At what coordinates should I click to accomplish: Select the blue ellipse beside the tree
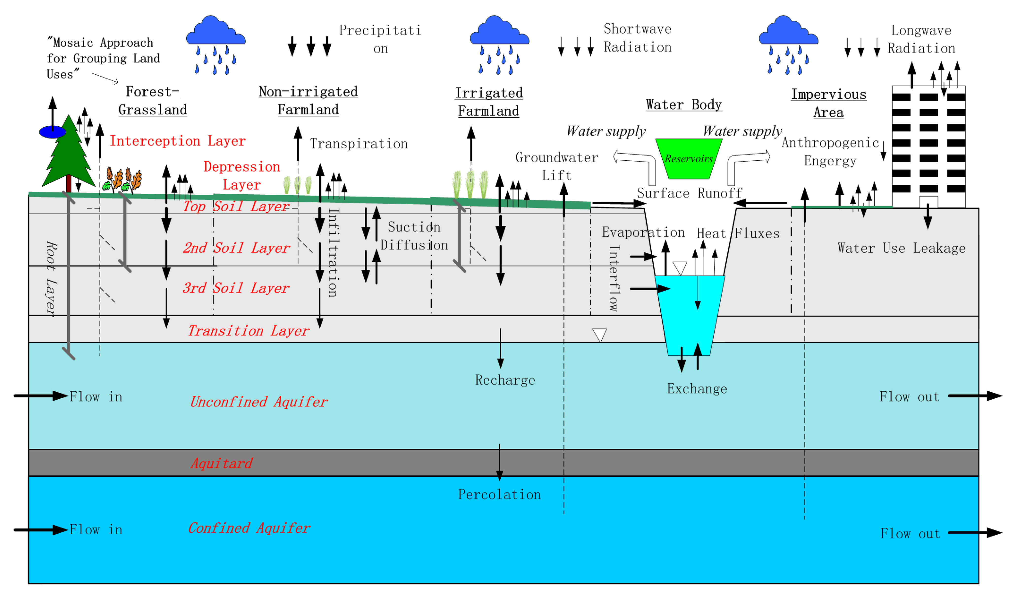(52, 132)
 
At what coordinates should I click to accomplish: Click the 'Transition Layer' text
(248, 331)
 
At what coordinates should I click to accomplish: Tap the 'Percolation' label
(499, 494)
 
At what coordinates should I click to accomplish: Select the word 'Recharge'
(505, 380)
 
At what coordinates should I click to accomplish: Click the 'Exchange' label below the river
(697, 389)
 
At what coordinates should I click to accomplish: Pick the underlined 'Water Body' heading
(684, 105)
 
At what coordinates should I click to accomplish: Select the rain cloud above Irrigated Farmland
(499, 32)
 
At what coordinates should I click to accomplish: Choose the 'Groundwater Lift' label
(556, 166)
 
